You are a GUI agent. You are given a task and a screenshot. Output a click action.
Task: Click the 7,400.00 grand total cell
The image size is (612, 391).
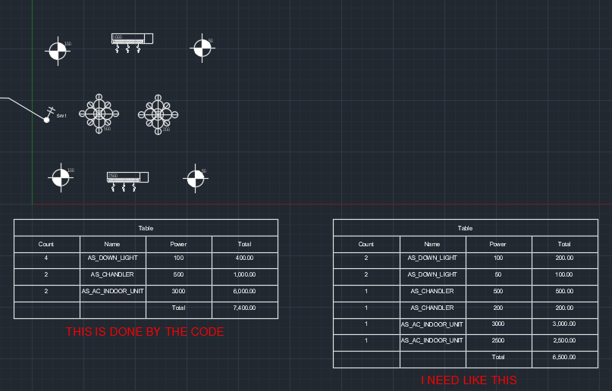244,308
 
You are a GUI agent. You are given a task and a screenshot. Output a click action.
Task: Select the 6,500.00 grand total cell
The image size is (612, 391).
563,357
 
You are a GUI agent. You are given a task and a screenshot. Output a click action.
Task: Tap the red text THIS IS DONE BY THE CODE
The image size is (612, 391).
145,332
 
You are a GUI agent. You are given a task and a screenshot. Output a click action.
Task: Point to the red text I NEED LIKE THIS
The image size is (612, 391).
469,380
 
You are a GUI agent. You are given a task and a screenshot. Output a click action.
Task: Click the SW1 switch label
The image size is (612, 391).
61,115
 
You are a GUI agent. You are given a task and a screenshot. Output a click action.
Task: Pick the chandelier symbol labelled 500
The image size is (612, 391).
99,114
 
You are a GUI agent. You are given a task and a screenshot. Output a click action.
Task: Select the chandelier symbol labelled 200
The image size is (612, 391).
158,114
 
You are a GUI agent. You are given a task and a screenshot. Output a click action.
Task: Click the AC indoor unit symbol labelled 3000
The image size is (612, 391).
132,39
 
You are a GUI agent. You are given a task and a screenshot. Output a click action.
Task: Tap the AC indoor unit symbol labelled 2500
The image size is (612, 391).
127,178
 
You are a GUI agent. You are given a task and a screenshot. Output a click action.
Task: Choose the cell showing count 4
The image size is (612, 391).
46,258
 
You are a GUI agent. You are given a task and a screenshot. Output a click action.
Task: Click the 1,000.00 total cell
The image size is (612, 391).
244,275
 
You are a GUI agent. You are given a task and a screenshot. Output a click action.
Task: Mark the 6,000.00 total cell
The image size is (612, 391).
244,292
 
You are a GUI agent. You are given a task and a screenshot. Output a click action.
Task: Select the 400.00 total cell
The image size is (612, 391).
244,258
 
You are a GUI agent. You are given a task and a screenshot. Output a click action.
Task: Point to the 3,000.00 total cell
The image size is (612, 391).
563,324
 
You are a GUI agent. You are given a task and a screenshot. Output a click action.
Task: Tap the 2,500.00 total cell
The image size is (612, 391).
563,341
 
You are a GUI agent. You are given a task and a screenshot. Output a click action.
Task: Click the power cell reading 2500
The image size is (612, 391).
497,341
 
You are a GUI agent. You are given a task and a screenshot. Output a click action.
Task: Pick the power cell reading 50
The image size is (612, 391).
497,274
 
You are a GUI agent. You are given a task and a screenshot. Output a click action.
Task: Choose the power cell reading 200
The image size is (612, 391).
497,308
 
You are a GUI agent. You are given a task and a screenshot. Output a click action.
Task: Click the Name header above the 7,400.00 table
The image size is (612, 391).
112,244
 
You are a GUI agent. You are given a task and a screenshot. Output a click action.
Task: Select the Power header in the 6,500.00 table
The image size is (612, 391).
497,244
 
